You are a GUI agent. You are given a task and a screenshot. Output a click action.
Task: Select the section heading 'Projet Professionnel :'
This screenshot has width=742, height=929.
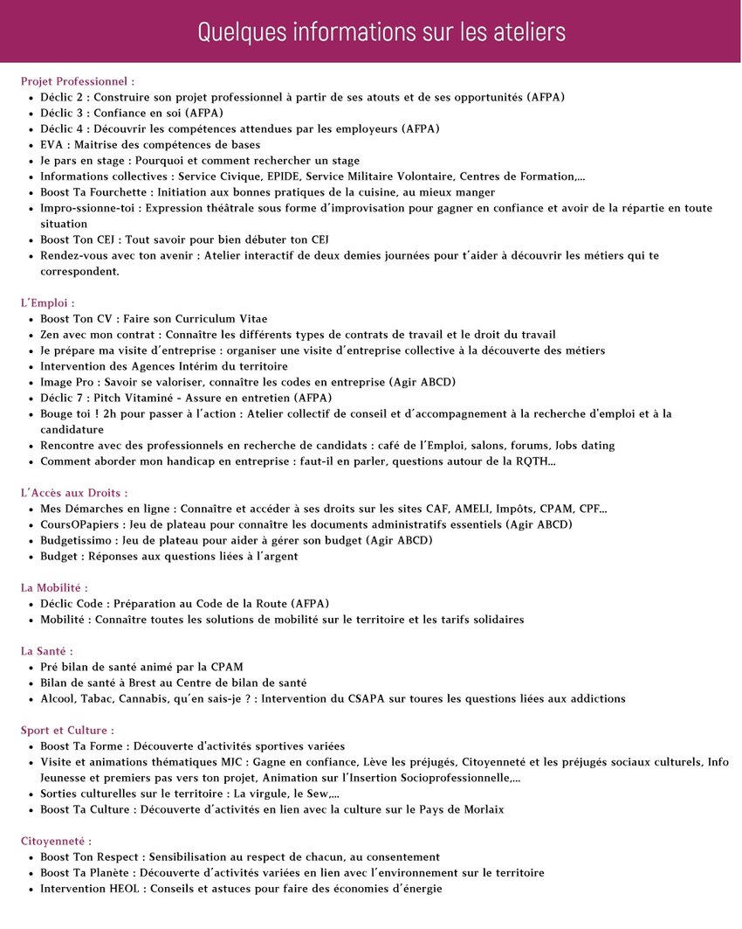tap(78, 81)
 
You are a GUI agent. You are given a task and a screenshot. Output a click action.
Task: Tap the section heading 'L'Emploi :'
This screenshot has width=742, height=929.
tap(48, 303)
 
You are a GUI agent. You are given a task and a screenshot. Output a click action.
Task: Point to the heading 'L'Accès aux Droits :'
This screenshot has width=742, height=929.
tap(74, 493)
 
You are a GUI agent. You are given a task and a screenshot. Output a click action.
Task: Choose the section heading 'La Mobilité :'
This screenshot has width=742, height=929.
tap(54, 588)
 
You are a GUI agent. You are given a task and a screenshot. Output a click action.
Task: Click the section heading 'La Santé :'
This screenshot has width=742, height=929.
tap(47, 651)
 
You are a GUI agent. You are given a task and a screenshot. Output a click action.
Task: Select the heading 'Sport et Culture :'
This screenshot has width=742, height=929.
tap(67, 730)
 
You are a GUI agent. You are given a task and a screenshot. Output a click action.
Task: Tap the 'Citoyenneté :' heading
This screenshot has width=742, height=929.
tap(56, 841)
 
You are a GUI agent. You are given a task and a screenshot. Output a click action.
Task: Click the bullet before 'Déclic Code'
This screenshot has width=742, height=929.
tap(31, 604)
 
